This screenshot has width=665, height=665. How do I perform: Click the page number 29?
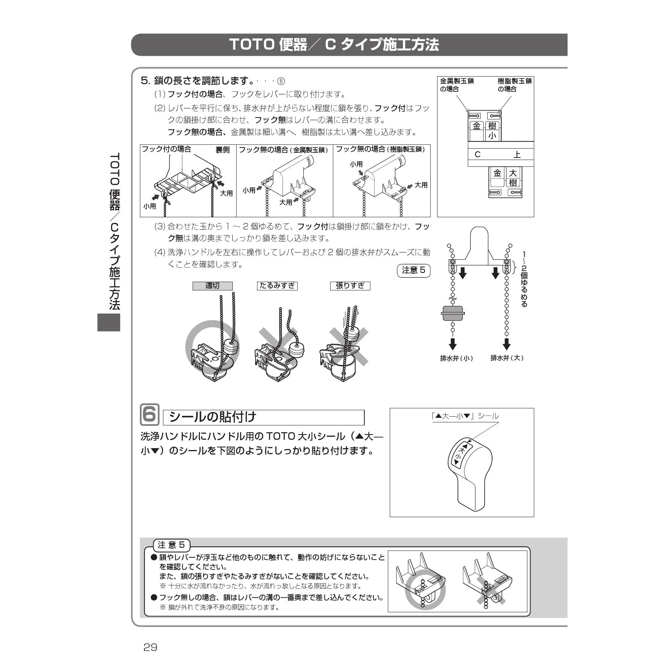150,647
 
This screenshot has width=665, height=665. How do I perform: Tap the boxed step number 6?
150,414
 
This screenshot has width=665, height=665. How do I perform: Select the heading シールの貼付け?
212,417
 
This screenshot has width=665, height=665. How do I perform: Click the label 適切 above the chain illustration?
212,286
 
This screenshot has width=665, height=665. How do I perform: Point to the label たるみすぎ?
277,286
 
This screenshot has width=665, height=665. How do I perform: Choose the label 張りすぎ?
350,286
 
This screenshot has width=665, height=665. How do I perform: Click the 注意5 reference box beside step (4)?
414,270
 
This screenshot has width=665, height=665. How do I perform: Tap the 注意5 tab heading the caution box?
171,545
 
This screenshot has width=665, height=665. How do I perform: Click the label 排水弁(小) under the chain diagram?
456,358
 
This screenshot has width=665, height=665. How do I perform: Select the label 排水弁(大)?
507,358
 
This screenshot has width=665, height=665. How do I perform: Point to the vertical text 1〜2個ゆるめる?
524,279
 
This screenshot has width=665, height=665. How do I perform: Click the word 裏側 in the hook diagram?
223,150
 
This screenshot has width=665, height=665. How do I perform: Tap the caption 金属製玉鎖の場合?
457,85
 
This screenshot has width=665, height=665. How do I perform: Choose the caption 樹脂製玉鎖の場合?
514,85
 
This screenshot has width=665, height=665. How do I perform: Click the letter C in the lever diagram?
477,154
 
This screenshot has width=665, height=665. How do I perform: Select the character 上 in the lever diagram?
517,154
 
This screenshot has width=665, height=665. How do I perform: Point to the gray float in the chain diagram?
453,313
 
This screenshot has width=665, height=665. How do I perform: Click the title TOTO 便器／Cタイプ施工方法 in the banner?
334,45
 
